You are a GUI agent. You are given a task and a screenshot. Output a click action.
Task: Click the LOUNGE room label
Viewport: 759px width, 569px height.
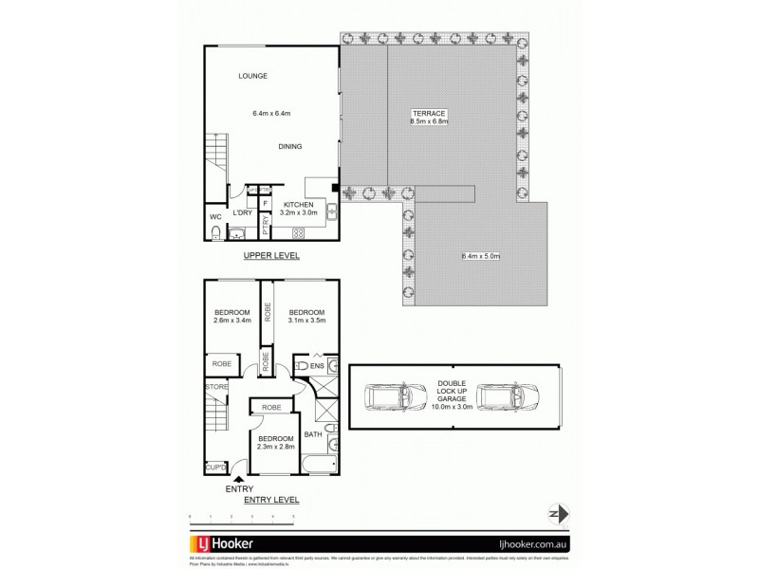[253, 76]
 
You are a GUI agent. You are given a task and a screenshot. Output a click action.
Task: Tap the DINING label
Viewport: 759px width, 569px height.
[290, 147]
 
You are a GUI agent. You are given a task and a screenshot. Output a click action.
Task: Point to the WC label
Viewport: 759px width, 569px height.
[215, 217]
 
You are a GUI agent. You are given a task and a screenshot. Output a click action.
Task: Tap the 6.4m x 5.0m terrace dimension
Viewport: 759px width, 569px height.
[480, 256]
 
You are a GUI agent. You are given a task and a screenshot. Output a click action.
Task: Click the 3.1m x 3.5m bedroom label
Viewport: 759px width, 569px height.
[306, 318]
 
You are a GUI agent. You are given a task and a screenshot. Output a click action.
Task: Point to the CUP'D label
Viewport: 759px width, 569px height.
[215, 468]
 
